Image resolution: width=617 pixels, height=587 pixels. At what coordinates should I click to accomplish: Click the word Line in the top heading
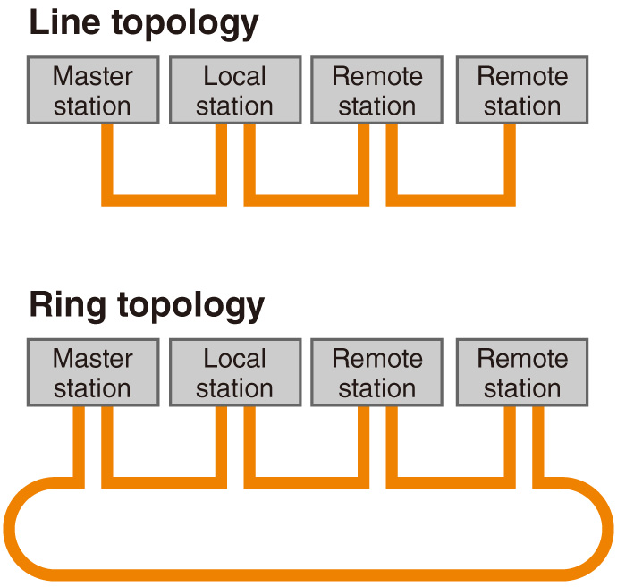(x=65, y=22)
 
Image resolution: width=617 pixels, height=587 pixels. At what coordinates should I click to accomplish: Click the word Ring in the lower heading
(x=68, y=306)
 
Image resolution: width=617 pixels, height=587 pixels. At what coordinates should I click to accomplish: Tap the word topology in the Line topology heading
(x=185, y=24)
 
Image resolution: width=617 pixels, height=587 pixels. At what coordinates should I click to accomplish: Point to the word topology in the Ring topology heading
(x=190, y=307)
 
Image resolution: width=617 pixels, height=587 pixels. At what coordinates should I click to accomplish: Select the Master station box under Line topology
(x=93, y=90)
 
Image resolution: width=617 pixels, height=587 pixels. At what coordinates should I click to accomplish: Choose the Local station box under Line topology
(x=235, y=90)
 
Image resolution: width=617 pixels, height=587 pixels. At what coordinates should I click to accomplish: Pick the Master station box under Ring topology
(x=93, y=372)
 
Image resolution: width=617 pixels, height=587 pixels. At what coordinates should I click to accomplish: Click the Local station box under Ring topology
(x=235, y=372)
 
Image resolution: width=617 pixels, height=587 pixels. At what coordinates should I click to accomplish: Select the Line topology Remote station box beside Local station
(x=377, y=90)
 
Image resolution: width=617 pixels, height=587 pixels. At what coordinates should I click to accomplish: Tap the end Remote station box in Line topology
(x=522, y=90)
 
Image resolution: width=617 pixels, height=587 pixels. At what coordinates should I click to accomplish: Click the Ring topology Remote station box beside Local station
(x=377, y=372)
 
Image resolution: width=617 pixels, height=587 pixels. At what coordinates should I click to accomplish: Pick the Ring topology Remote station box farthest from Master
(x=522, y=372)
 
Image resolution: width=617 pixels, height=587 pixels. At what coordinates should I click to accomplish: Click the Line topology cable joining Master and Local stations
(x=165, y=200)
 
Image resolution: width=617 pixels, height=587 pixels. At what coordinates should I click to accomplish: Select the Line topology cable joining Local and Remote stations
(x=307, y=200)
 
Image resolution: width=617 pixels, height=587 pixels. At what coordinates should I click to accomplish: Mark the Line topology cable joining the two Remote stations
(x=451, y=200)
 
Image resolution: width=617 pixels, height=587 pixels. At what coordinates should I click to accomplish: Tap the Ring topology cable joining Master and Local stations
(x=165, y=482)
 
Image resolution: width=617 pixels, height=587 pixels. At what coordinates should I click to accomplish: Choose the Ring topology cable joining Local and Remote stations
(x=307, y=482)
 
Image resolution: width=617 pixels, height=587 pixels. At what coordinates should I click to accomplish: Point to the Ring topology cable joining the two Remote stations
(x=451, y=482)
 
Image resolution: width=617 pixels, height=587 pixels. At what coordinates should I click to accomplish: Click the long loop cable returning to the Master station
(x=308, y=574)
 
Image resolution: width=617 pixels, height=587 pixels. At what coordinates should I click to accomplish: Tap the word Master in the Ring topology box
(x=93, y=359)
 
